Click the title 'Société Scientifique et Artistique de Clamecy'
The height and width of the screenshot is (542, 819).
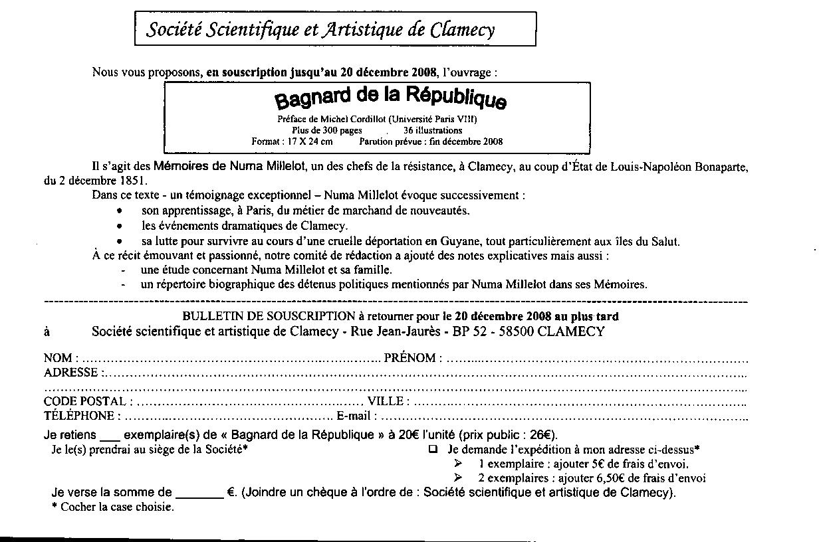[320, 29]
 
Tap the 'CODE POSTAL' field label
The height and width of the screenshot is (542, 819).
[84, 402]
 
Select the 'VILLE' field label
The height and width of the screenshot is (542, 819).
[386, 402]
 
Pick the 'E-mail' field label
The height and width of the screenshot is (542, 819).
[353, 416]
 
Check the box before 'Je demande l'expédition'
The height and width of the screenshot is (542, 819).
[433, 449]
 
